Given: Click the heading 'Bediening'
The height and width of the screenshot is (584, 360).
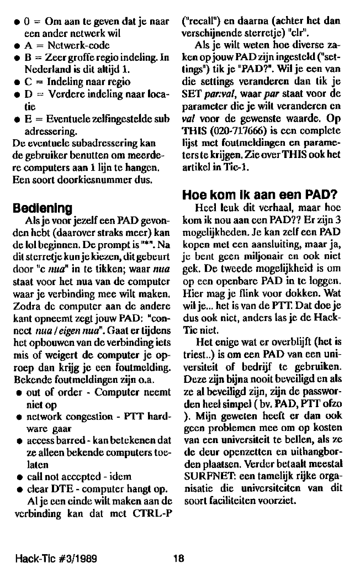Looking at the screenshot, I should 43,209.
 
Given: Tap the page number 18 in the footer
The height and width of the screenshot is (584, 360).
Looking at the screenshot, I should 177,559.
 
